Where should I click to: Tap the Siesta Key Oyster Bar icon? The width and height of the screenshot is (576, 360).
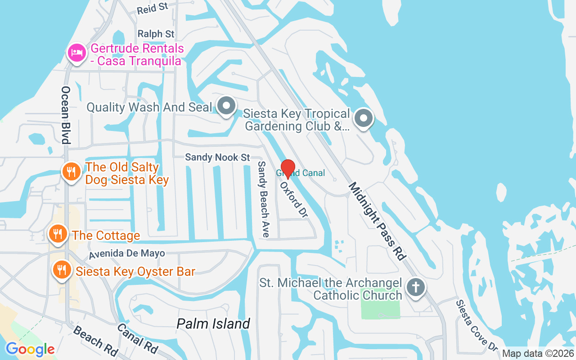tap(61, 270)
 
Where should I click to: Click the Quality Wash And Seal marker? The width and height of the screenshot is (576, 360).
tap(226, 106)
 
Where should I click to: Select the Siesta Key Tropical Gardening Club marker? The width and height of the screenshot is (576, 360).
tap(363, 119)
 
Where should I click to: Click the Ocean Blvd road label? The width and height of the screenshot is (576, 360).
tap(66, 115)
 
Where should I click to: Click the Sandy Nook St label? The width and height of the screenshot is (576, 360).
tap(217, 157)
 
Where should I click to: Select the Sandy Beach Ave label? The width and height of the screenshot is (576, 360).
tap(263, 199)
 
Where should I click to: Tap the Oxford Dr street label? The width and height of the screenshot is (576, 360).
tap(294, 200)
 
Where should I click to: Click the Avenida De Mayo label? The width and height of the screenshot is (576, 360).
tap(127, 254)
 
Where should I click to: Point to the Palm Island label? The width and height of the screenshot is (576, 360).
tap(213, 324)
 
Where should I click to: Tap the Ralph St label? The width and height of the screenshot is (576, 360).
tap(156, 34)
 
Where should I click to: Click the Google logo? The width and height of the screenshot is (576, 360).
tap(30, 349)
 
